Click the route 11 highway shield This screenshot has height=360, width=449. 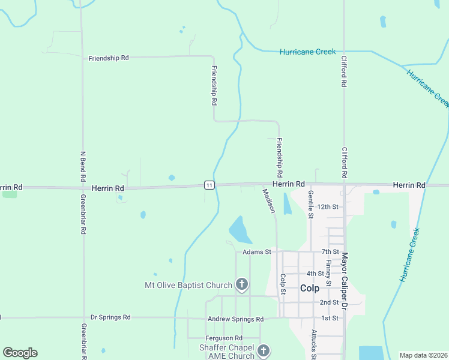click(208, 185)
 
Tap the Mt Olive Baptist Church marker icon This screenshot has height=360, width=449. click(242, 284)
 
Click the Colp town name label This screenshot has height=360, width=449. click(310, 288)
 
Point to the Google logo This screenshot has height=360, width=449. click(20, 353)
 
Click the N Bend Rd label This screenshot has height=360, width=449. click(83, 166)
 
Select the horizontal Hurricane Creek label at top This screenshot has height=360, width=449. click(307, 52)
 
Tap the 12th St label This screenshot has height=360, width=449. click(328, 206)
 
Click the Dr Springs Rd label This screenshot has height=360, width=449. click(110, 317)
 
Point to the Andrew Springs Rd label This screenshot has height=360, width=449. click(235, 319)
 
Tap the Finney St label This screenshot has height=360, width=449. click(328, 272)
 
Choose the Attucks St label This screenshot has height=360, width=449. click(313, 344)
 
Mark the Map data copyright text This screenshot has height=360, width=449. click(423, 355)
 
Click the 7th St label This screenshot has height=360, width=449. click(330, 251)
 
